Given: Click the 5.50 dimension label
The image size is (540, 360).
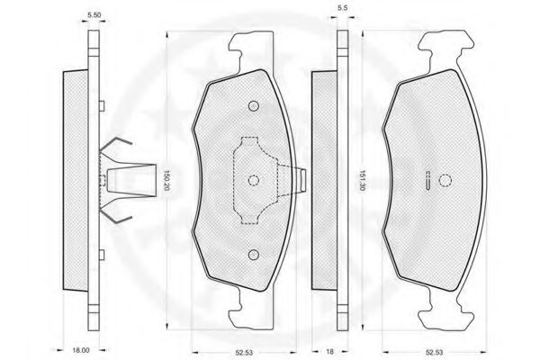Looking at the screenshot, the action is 94,15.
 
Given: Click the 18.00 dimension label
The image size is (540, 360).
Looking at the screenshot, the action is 81,350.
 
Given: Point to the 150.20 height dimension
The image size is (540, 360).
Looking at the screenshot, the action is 166,181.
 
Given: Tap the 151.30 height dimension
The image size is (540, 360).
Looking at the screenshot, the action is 361,181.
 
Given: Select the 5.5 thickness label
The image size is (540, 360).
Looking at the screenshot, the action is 342,8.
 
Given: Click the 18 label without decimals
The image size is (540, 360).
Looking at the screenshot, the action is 329,352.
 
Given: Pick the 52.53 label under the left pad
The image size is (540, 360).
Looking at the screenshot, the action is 244,353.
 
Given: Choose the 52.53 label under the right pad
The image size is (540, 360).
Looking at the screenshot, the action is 434,353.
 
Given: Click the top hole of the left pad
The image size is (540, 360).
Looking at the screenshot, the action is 254,106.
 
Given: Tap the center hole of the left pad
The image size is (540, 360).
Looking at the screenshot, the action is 254,180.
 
